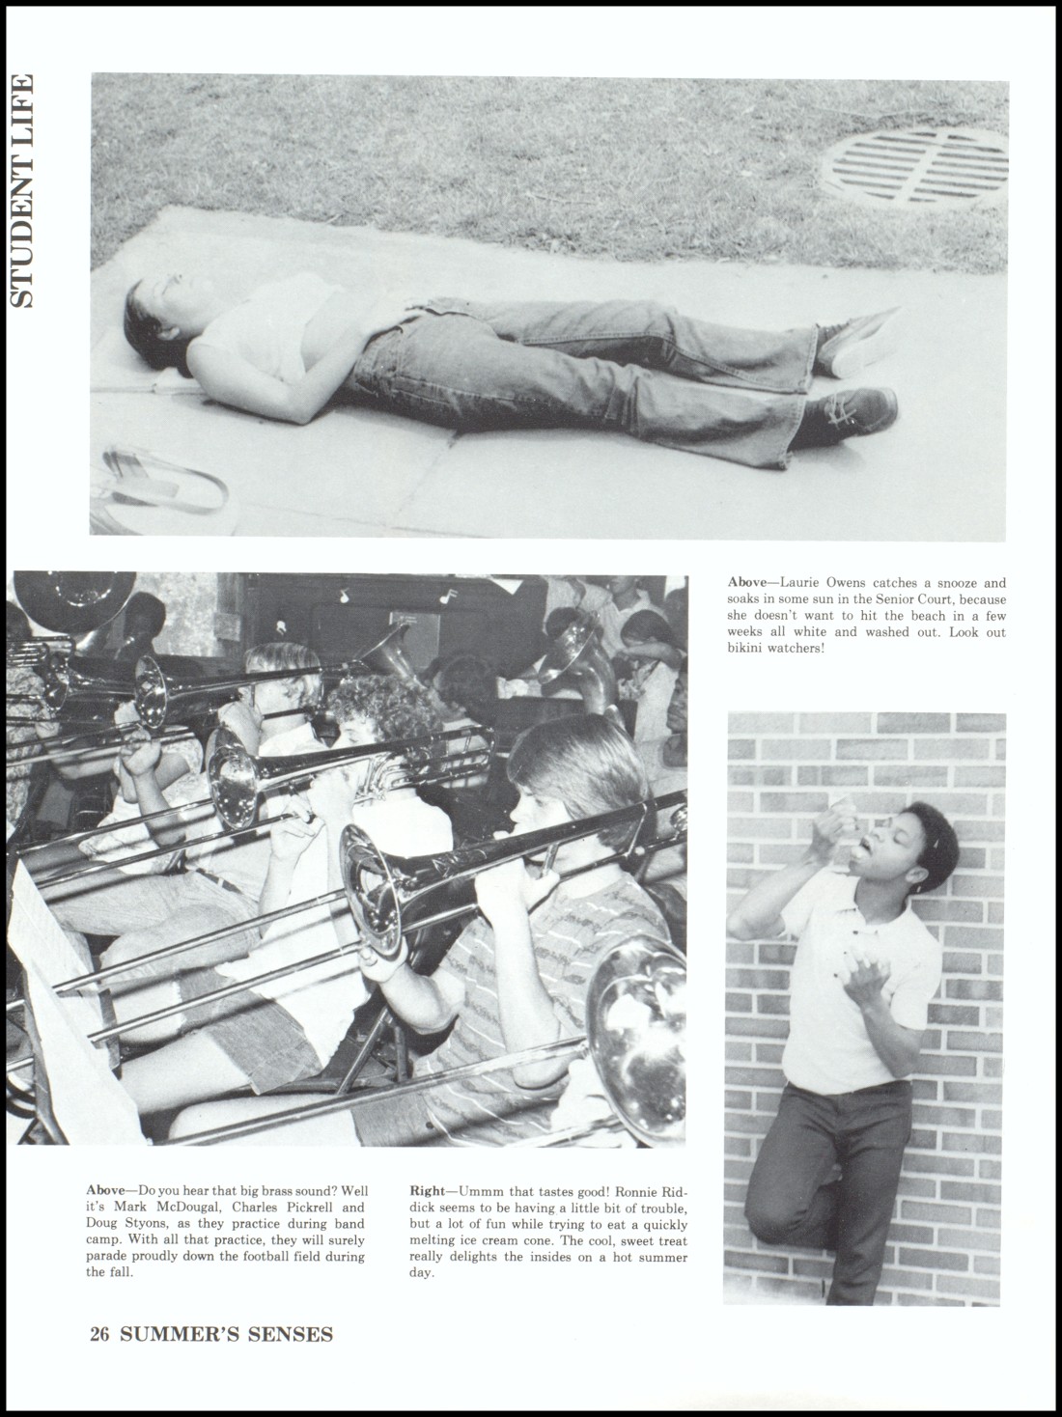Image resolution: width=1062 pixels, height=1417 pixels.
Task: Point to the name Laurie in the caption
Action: click(800, 583)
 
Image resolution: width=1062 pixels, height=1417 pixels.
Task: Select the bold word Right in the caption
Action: click(428, 1190)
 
